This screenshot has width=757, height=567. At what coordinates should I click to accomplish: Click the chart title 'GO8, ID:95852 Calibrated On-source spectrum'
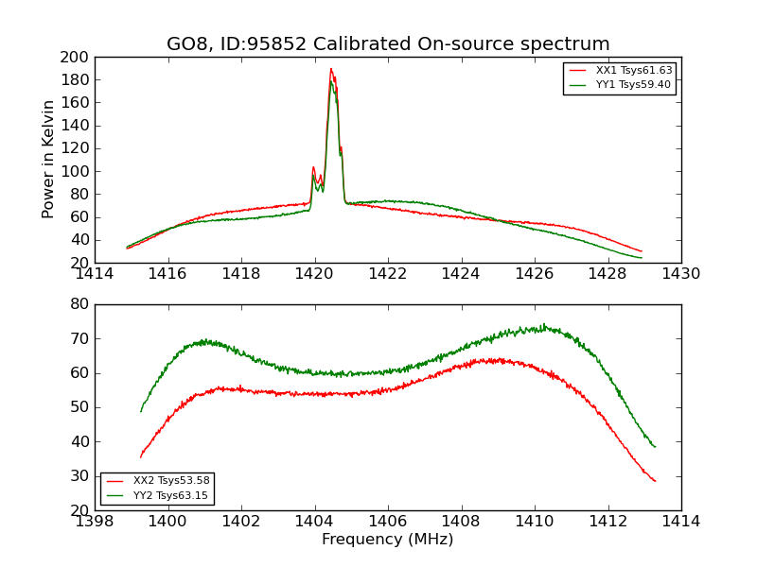pyautogui.click(x=388, y=43)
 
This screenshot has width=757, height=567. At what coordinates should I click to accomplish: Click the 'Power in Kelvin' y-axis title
pyautogui.click(x=49, y=159)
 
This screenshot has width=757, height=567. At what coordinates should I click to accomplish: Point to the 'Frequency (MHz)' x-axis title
pyautogui.click(x=387, y=540)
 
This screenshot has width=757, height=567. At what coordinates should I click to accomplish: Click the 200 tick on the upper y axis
pyautogui.click(x=76, y=57)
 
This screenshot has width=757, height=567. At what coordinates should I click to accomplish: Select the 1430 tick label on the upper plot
pyautogui.click(x=680, y=274)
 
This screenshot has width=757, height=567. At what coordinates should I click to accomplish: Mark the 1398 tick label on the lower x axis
pyautogui.click(x=95, y=522)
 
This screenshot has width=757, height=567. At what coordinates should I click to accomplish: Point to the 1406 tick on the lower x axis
pyautogui.click(x=387, y=522)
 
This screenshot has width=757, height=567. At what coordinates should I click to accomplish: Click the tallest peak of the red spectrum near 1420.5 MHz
pyautogui.click(x=331, y=68)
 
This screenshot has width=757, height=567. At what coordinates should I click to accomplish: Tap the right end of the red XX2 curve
pyautogui.click(x=655, y=481)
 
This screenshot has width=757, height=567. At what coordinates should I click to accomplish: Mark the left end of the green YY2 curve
pyautogui.click(x=141, y=411)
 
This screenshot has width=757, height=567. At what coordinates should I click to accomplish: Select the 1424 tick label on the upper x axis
pyautogui.click(x=461, y=274)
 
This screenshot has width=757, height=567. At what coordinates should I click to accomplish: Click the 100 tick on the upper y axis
pyautogui.click(x=76, y=171)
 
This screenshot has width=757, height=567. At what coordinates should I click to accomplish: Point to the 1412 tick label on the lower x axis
pyautogui.click(x=607, y=522)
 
